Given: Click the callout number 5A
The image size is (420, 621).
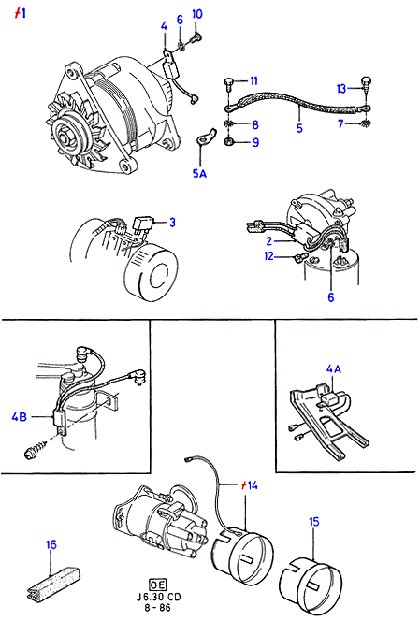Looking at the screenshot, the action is point(199,173).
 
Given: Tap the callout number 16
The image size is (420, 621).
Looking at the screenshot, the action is point(51,544).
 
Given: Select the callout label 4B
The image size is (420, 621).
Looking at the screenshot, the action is point(19,416).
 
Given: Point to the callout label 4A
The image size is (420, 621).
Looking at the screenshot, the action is point(334,368).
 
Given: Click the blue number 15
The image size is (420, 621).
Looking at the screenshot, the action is point(313,522).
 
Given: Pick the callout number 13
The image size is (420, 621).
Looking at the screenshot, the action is point(341,89).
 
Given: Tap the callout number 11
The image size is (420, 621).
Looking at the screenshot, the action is point(253,80).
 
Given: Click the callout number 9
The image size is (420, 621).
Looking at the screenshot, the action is point(255,142).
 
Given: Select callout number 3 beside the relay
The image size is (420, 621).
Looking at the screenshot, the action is point(172,223).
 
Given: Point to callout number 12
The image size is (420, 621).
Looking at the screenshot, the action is point(268,256).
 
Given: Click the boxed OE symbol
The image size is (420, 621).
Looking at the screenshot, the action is point(158,585).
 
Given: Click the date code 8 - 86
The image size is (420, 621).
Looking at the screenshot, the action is point(158,608).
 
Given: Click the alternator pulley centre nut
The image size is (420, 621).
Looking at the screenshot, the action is point(65,138).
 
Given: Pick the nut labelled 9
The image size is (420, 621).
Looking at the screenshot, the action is point(228,141).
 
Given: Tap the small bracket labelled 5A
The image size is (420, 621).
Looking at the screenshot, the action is point(205,137).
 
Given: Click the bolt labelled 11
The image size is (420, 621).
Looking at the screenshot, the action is point(228,83).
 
